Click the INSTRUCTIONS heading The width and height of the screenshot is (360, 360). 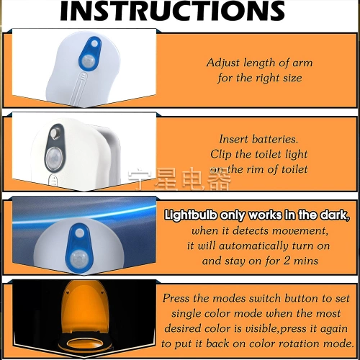[x=172, y=11]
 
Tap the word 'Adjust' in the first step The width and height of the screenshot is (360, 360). [x=223, y=63]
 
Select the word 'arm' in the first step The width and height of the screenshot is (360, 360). [x=302, y=63]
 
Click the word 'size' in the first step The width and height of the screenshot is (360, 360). [x=292, y=78]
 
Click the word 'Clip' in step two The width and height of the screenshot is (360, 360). [x=221, y=154]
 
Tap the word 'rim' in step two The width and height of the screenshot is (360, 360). [x=256, y=169]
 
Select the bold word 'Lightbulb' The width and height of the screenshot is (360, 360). [x=191, y=215]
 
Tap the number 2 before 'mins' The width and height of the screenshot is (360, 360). [x=287, y=261]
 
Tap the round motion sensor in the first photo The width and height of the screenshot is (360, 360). [x=88, y=61]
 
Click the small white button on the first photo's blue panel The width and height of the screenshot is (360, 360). [x=95, y=44]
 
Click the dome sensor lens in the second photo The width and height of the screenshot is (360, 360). [x=54, y=158]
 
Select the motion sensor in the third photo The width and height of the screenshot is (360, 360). [x=78, y=259]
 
